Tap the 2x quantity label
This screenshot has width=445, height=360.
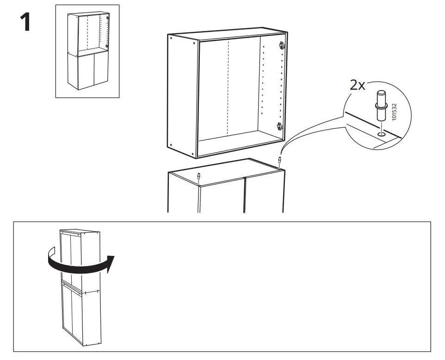(357, 85)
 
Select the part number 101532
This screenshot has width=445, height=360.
(394, 112)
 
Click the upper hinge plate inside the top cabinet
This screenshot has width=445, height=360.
(281, 46)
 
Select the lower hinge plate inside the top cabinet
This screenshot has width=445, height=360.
(279, 126)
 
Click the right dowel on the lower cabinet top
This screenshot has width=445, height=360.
(280, 161)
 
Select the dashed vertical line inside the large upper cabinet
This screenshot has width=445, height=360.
(228, 88)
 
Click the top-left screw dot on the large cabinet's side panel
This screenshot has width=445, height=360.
(172, 40)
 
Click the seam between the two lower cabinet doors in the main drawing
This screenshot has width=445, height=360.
(244, 194)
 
